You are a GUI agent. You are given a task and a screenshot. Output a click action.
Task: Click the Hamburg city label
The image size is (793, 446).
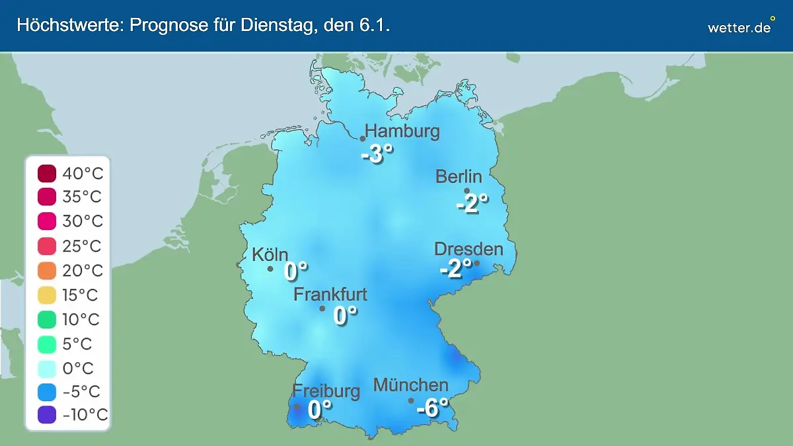click(402, 131)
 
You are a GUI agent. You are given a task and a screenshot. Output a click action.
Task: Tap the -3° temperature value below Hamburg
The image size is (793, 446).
click(377, 155)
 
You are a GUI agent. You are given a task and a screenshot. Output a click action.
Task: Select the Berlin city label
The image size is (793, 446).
click(459, 176)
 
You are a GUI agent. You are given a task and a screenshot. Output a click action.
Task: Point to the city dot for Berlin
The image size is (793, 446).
click(467, 191)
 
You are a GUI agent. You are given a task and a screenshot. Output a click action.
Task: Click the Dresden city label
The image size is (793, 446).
click(469, 249)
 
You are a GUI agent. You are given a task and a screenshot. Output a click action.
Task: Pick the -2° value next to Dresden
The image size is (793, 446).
click(456, 268)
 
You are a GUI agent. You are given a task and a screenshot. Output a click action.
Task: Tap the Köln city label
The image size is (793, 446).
click(270, 254)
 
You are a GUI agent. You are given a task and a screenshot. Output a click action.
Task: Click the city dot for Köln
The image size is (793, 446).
click(270, 269)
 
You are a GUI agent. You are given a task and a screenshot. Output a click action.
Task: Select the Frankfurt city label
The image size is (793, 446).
click(330, 294)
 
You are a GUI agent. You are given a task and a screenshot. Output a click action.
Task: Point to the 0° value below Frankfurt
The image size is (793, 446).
click(345, 316)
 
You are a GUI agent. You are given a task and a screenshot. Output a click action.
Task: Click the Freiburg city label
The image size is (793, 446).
click(326, 390)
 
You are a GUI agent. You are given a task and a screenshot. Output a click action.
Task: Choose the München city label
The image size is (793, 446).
click(410, 385)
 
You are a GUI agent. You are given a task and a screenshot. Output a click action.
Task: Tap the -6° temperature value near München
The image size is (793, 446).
click(432, 408)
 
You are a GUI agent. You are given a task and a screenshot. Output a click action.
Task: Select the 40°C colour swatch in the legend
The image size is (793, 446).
click(47, 174)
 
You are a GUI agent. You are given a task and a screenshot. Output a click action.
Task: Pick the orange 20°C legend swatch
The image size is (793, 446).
click(47, 271)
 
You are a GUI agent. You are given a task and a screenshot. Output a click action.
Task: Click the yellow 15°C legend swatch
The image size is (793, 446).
click(47, 295)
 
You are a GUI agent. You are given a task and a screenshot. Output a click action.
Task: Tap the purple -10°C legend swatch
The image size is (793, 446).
click(47, 416)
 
